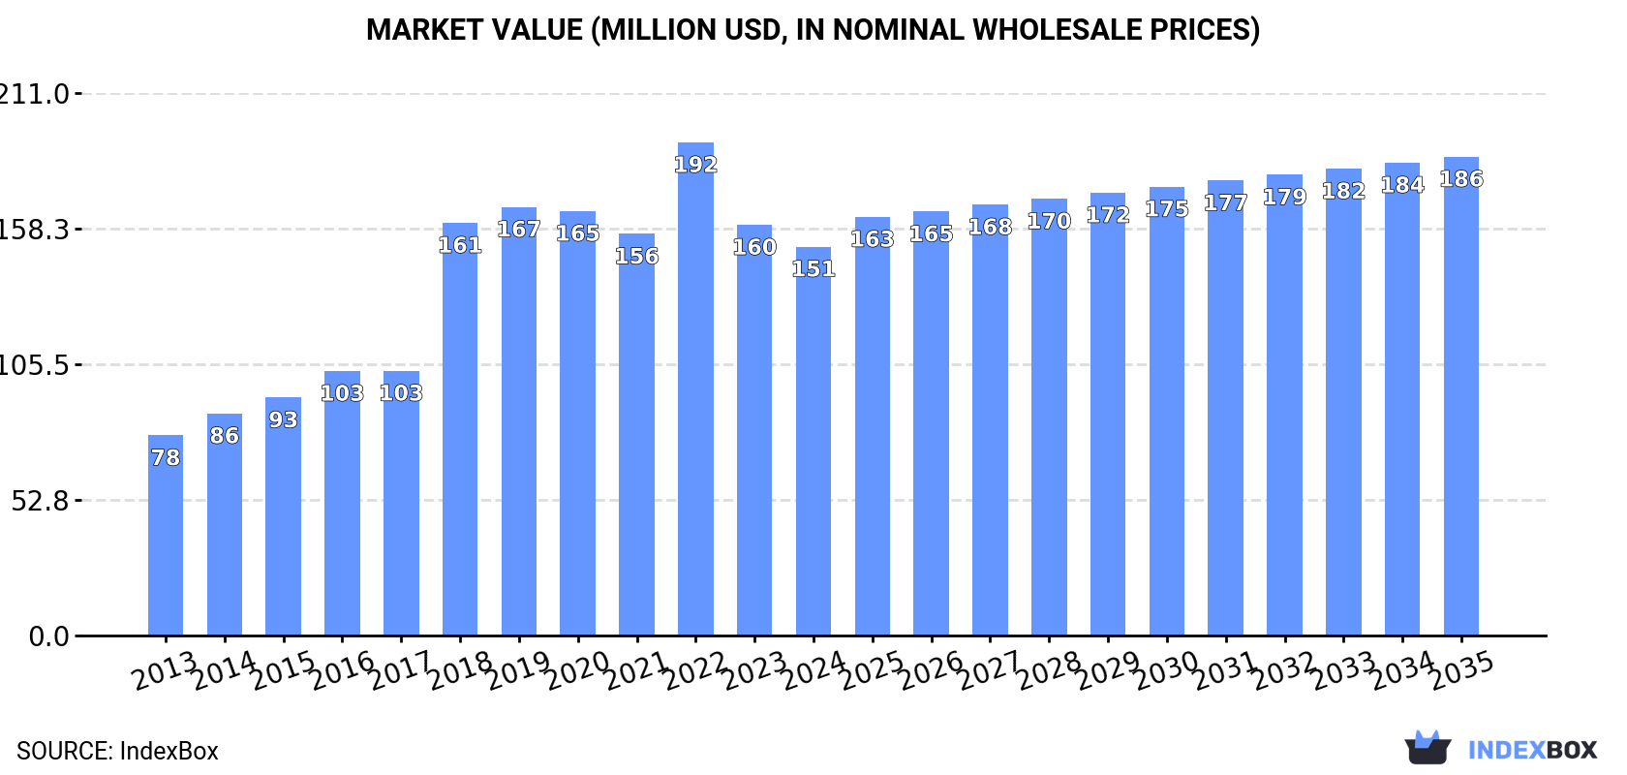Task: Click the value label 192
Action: pyautogui.click(x=695, y=165)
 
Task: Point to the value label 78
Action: pyautogui.click(x=166, y=457)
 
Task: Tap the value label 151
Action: pyautogui.click(x=813, y=268)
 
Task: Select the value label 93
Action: pyautogui.click(x=283, y=419)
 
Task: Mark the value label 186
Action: pyautogui.click(x=1460, y=179)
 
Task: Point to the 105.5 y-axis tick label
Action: pyautogui.click(x=35, y=365)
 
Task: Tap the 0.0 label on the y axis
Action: pyautogui.click(x=48, y=636)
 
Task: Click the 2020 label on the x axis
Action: pyautogui.click(x=577, y=669)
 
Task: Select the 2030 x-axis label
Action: pyautogui.click(x=1166, y=669)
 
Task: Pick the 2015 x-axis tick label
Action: pyautogui.click(x=283, y=669)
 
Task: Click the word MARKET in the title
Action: pyautogui.click(x=423, y=30)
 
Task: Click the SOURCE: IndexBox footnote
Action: pyautogui.click(x=117, y=751)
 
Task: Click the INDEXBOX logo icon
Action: pyautogui.click(x=1427, y=748)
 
